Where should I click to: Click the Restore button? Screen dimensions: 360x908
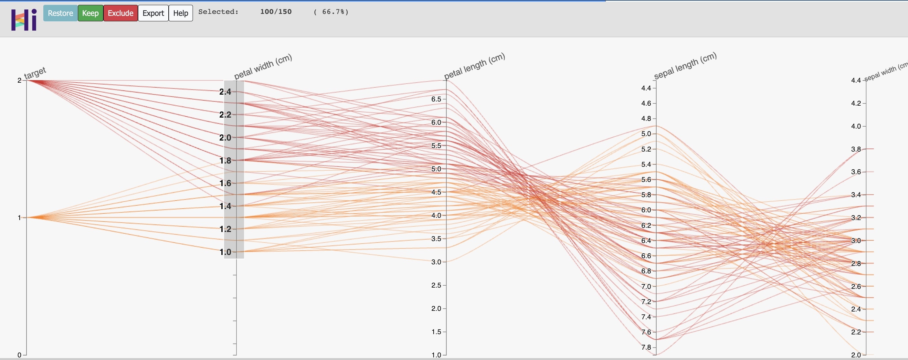coord(60,13)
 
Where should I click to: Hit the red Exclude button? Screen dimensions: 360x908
coord(120,13)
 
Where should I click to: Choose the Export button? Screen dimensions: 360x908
coord(153,13)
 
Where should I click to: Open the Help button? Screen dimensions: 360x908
coord(181,13)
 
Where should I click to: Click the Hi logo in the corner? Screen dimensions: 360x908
coord(24,20)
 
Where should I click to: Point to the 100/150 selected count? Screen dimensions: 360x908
coord(276,12)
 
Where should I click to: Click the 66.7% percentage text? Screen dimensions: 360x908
coord(331,12)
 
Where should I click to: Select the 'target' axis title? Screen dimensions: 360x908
coord(35,73)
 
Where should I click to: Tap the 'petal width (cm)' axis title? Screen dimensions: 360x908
coord(263,66)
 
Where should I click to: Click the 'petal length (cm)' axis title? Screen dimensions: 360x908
coord(474,66)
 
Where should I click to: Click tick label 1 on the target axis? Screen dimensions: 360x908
coord(19,218)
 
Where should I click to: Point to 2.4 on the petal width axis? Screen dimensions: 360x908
coord(225,92)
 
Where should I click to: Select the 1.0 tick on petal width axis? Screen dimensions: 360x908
coord(225,252)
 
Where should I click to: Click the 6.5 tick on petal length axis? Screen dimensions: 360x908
coord(436,99)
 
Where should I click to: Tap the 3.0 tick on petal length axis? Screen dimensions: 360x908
coord(436,262)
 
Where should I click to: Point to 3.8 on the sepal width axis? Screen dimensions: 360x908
coord(856,149)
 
